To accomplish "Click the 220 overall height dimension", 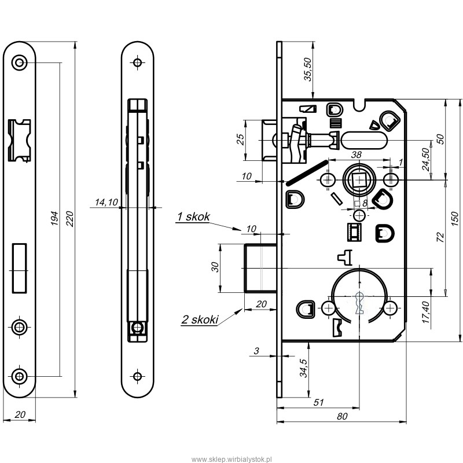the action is [x=69, y=219].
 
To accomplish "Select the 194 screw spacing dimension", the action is [x=54, y=218].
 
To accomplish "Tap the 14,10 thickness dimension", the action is [x=106, y=202].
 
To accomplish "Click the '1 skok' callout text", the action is [x=193, y=216].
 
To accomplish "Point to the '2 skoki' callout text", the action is [x=200, y=319].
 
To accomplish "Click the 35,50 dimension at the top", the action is [x=308, y=69].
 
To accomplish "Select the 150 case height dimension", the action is [x=455, y=219].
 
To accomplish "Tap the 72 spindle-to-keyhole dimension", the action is [x=440, y=237].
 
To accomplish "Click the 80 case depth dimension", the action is [x=342, y=416].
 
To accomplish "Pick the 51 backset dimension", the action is [x=319, y=402].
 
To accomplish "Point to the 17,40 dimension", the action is [x=425, y=312].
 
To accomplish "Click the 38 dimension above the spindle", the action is [x=356, y=155].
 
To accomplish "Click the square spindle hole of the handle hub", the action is [x=359, y=180].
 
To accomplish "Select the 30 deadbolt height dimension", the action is [x=216, y=267].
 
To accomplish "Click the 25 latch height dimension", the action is [x=241, y=139].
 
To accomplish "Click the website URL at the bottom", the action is [x=231, y=459].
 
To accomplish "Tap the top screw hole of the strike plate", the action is [x=20, y=63].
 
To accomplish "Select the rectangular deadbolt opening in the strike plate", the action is [x=20, y=268].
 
